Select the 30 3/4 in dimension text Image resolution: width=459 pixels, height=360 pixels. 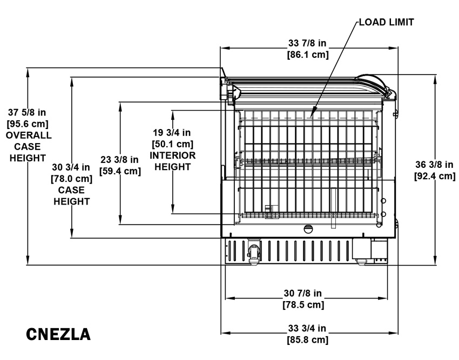tap(71, 167)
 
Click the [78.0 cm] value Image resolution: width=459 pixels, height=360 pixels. tap(71, 179)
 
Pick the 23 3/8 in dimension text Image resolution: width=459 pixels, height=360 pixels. tap(120, 160)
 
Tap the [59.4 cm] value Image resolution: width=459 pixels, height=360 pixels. tap(120, 171)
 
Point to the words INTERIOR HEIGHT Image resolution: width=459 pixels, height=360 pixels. tap(172, 161)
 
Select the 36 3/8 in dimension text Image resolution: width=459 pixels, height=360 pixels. tap(435, 165)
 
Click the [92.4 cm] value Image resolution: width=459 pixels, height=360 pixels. tap(435, 176)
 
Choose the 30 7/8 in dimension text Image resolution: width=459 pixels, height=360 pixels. tap(303, 293)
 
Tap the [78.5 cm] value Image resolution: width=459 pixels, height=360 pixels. tap(303, 304)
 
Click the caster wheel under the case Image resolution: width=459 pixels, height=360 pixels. tap(253, 252)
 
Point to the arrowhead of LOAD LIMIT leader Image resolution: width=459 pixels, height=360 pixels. tap(312, 115)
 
